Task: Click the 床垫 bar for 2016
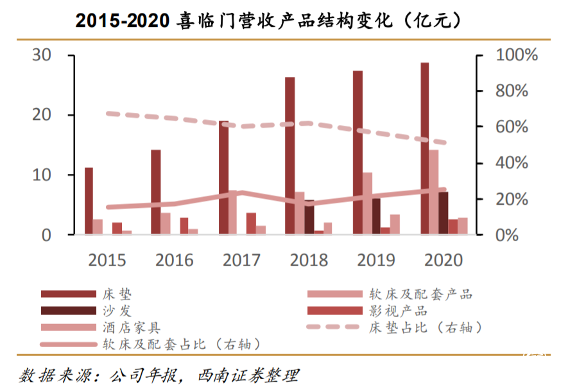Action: click(x=155, y=192)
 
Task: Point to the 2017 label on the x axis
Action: click(x=241, y=260)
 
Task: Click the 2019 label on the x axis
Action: click(x=376, y=260)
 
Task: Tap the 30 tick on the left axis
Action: click(x=42, y=55)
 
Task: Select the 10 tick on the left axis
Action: click(x=42, y=175)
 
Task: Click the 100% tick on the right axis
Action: click(x=516, y=55)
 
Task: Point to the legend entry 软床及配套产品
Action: click(x=420, y=294)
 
